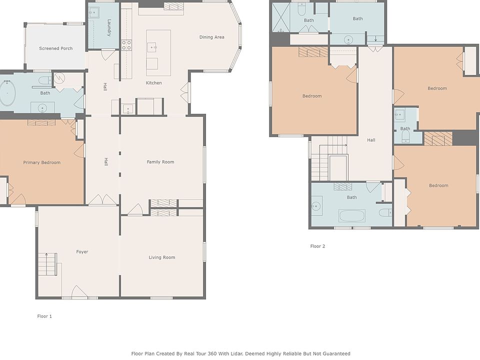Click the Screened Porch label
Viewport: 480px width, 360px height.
coord(55,48)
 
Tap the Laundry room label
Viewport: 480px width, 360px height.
coord(109,28)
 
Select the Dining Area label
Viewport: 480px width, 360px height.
coord(212,37)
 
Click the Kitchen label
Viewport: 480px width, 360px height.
coord(153,82)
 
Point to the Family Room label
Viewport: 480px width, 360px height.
coord(160,162)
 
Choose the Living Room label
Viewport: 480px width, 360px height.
coord(162,257)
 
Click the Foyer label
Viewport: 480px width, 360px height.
coord(82,251)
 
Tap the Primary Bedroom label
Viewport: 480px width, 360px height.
coord(42,162)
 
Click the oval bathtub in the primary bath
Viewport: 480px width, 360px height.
coord(7,93)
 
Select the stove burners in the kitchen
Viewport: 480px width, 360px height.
coord(126,45)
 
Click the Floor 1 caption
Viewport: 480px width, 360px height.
coord(44,316)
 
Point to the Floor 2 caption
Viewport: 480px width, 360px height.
coord(318,246)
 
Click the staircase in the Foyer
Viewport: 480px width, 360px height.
coord(47,264)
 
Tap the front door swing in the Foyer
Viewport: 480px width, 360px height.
coord(79,291)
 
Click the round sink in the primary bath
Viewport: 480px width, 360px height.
coord(42,108)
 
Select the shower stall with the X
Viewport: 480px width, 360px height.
coord(280,17)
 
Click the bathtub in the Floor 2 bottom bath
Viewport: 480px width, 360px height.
coord(352,216)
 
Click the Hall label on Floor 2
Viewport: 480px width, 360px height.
coord(371,140)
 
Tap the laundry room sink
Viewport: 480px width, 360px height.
coord(93,13)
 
